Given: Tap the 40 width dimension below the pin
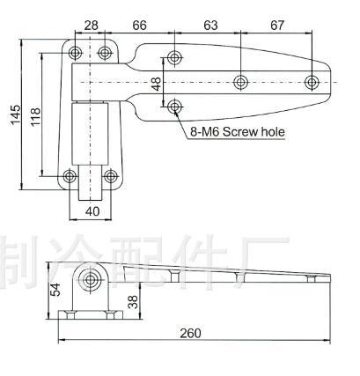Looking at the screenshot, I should [92, 211].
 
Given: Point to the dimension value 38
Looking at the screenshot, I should [134, 303].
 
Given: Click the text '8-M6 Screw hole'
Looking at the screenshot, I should [237, 133].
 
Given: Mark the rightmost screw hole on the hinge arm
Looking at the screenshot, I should [312, 83].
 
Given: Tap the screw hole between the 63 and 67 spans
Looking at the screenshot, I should [240, 83].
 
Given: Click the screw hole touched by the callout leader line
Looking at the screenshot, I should [176, 107].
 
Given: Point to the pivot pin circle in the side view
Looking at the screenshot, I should [89, 280].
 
